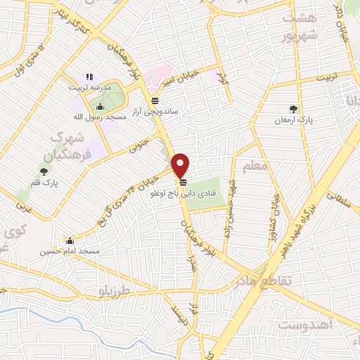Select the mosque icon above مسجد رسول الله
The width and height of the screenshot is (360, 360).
click(x=100, y=106)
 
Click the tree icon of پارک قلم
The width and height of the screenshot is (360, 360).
click(x=44, y=171)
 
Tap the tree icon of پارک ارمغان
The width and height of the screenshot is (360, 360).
click(x=293, y=109)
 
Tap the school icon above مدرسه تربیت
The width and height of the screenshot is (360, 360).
click(x=89, y=77)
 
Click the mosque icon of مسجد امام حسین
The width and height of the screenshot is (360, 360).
click(x=68, y=240)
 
